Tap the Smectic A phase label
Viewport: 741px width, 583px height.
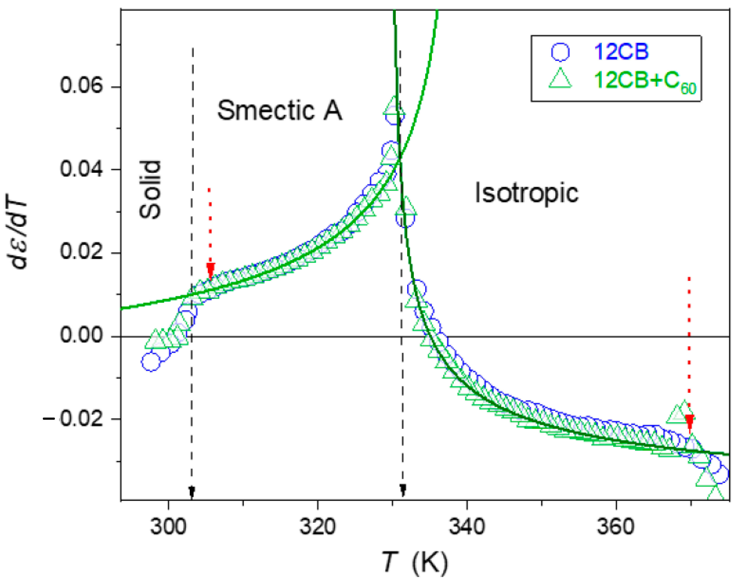(279, 110)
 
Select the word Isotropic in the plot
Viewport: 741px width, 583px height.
(526, 193)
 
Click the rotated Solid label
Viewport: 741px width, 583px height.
(150, 189)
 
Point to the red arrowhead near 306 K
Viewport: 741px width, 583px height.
(210, 270)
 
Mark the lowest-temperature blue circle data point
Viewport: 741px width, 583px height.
(150, 362)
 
